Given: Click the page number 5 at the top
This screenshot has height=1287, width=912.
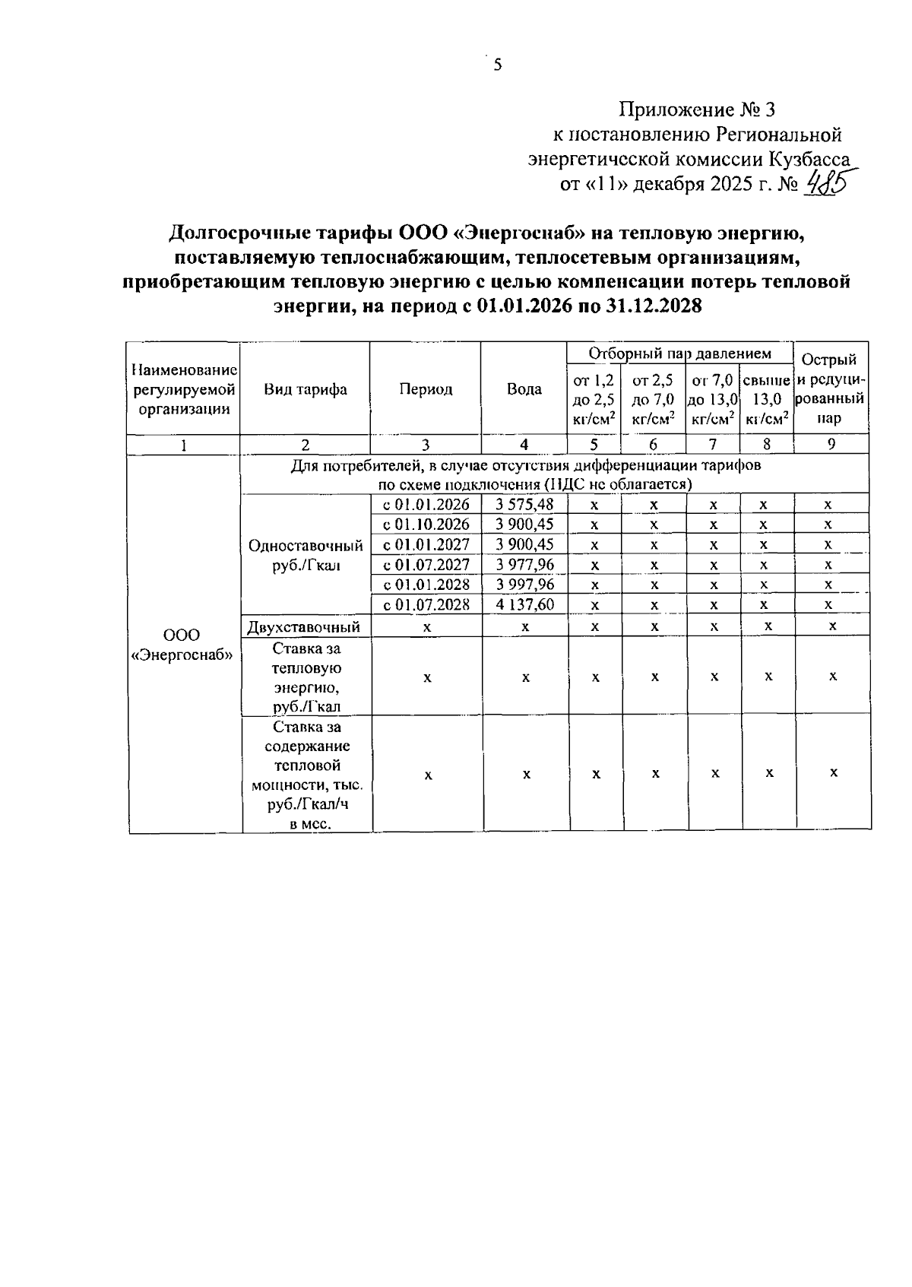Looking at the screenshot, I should coord(498,65).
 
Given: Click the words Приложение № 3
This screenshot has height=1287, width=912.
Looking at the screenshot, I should coord(697,110).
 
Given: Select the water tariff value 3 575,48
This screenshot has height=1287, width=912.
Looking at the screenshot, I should coord(524,504).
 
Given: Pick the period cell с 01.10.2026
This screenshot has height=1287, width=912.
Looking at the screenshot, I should coord(426,525).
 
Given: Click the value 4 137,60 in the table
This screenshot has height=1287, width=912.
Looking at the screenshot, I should coord(524,605).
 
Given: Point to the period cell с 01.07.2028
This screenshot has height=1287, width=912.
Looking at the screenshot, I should coord(426,605).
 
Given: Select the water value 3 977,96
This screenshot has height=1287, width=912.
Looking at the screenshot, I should coord(524,565).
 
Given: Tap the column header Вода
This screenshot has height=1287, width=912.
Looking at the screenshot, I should coord(524,389).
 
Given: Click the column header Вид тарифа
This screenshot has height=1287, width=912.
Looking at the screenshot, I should coord(306,389).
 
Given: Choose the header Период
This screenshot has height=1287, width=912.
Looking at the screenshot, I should coord(426,389).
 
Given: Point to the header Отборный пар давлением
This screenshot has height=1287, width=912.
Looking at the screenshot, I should coord(680,353).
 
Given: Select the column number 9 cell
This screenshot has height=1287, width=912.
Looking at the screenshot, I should coord(831,445).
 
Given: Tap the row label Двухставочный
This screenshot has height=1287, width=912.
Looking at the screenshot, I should coord(304,626).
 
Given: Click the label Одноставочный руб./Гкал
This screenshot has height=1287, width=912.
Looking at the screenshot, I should coord(306,555).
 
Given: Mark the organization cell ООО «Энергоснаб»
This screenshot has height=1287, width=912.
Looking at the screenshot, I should coord(182,645).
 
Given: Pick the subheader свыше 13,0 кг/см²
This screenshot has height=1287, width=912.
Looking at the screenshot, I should coord(766,399).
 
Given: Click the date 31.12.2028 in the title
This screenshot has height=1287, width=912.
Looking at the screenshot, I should coord(654,306).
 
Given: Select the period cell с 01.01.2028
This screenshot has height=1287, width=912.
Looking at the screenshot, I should coord(426,585).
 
